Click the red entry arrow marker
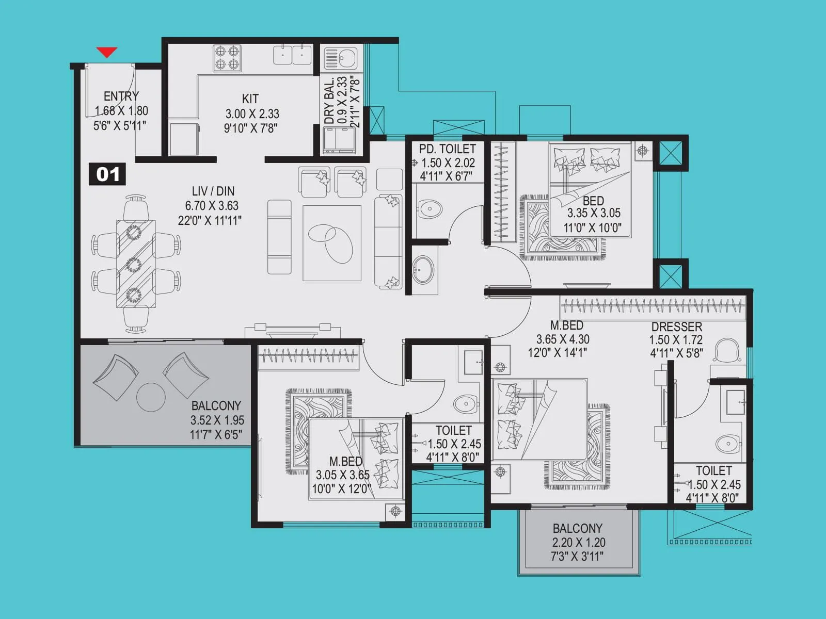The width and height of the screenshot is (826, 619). coord(107,52)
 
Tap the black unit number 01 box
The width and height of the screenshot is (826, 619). coord(107,174)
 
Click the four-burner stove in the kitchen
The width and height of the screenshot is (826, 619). coord(227,58)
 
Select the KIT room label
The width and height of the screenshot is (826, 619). coord(250,99)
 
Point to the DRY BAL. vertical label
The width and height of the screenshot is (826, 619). coord(329,102)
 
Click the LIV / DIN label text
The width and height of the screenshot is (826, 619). coord(213,191)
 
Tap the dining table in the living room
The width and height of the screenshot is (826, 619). coord(135,264)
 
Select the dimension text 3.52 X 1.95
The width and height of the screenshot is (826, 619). coord(217,420)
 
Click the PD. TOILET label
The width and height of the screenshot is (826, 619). coord(447,149)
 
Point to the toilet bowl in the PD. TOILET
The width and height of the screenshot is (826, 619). coord(430,209)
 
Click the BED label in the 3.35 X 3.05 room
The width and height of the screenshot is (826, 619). coord(593,201)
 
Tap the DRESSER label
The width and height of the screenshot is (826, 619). coord(676,327)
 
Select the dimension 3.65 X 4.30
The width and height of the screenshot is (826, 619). coord(562,339)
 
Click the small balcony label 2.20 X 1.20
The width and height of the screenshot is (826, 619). coord(578,542)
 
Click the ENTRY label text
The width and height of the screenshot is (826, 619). coord(121,96)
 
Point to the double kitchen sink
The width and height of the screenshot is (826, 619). coord(292,55)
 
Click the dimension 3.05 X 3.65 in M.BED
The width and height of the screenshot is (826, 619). coord(342,475)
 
